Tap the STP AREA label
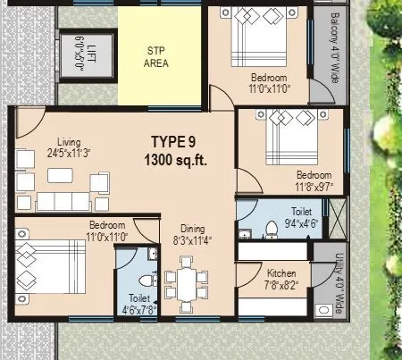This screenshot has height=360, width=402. [157, 56]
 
